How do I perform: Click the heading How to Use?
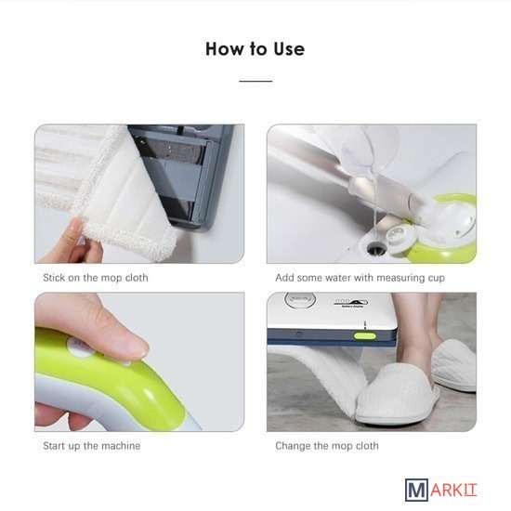coord(255,49)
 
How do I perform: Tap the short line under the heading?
coord(255,81)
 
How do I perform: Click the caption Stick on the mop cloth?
coord(96,278)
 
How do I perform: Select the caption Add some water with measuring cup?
coord(360,278)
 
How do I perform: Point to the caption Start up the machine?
coord(92,445)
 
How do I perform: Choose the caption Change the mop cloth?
coord(327,445)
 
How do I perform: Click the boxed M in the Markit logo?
coord(416,490)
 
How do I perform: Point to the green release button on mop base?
coord(365,336)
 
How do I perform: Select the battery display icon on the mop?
coord(350,303)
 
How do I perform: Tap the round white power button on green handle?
coord(79,347)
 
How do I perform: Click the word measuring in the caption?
coord(400,279)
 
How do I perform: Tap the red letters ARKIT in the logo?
coord(453,491)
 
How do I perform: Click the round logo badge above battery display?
coord(300,299)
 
